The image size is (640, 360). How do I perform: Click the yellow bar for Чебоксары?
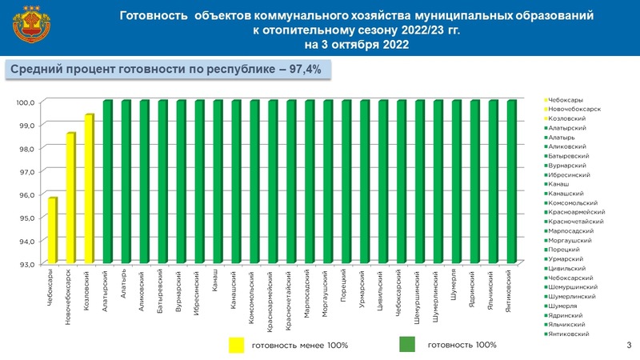click(52, 230)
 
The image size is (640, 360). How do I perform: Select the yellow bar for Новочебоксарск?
click(70, 198)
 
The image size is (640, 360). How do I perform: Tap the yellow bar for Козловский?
click(89, 189)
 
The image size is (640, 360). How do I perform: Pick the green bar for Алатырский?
click(107, 182)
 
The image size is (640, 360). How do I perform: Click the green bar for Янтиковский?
click(510, 182)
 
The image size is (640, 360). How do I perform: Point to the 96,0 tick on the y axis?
click(26, 194)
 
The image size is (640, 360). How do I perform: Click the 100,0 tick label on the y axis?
click(26, 102)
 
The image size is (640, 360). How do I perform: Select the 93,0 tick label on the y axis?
click(26, 264)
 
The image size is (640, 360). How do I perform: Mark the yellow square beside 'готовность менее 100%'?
click(237, 345)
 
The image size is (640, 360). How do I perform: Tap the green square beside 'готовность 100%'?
click(407, 345)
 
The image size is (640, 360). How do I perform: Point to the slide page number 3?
click(630, 345)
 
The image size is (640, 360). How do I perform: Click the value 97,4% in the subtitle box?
click(301, 70)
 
